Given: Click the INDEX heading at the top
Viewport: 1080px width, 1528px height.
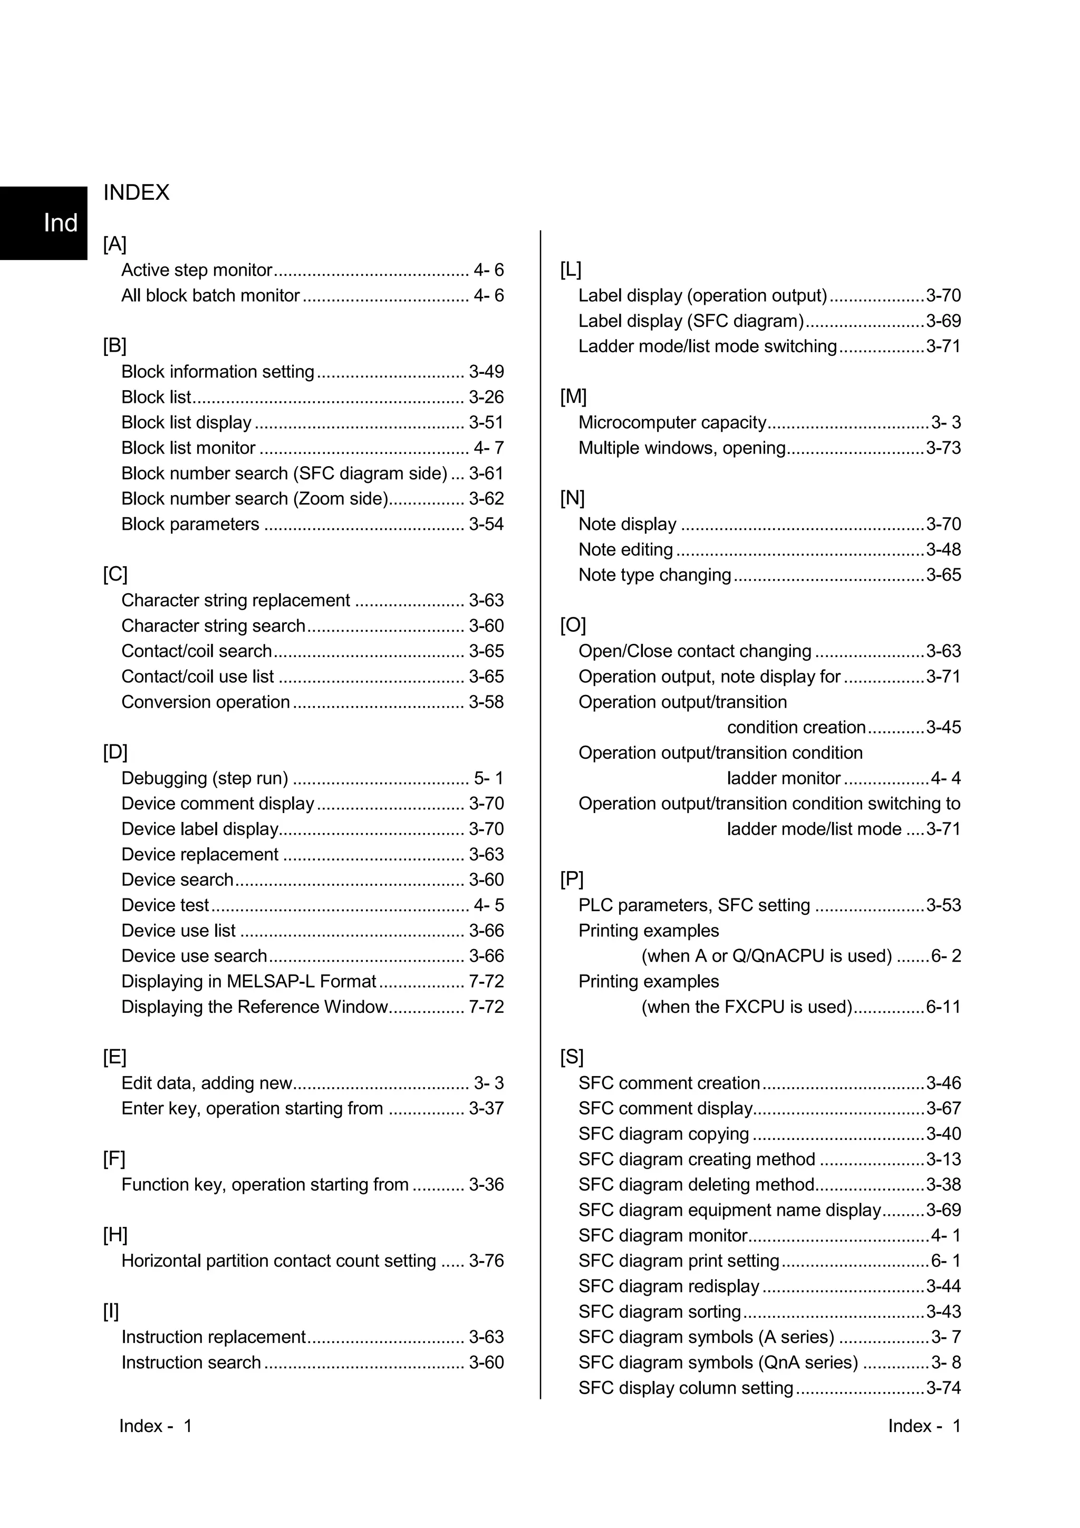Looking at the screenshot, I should coord(137,193).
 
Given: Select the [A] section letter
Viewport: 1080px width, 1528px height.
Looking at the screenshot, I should coord(114,244).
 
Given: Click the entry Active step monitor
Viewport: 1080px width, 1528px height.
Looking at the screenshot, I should coord(196,270).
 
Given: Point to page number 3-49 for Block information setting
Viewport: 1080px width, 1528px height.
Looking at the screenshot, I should coord(486,372).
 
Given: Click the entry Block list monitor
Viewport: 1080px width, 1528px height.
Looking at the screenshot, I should coord(188,448).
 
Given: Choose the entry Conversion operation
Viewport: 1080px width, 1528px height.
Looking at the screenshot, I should coord(205,702).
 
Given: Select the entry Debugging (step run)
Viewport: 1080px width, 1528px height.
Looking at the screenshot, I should coord(204,779).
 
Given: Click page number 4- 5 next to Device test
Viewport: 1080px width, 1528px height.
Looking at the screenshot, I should coord(488,906).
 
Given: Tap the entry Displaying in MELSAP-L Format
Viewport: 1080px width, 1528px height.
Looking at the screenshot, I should coord(249,982).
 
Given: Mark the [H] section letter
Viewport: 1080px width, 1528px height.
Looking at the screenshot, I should coord(114,1235).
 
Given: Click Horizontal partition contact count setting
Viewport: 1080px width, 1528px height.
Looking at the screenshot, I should coord(278,1261).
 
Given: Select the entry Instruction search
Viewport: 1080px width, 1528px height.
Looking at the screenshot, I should coord(191,1363).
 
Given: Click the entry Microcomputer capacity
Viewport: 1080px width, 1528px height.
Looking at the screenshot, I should coord(672,422).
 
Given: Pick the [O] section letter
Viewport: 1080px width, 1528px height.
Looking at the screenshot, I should coord(572,625).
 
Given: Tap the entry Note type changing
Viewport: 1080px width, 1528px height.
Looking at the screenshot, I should coord(654,575).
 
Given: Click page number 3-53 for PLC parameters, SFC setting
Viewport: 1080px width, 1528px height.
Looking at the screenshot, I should coord(943,906).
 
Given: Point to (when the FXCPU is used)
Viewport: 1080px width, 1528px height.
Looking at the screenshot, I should coord(747,1007).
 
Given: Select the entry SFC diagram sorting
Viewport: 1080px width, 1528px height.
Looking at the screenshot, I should coord(660,1312).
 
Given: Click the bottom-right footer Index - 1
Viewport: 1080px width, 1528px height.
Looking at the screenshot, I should coord(923,1426).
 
